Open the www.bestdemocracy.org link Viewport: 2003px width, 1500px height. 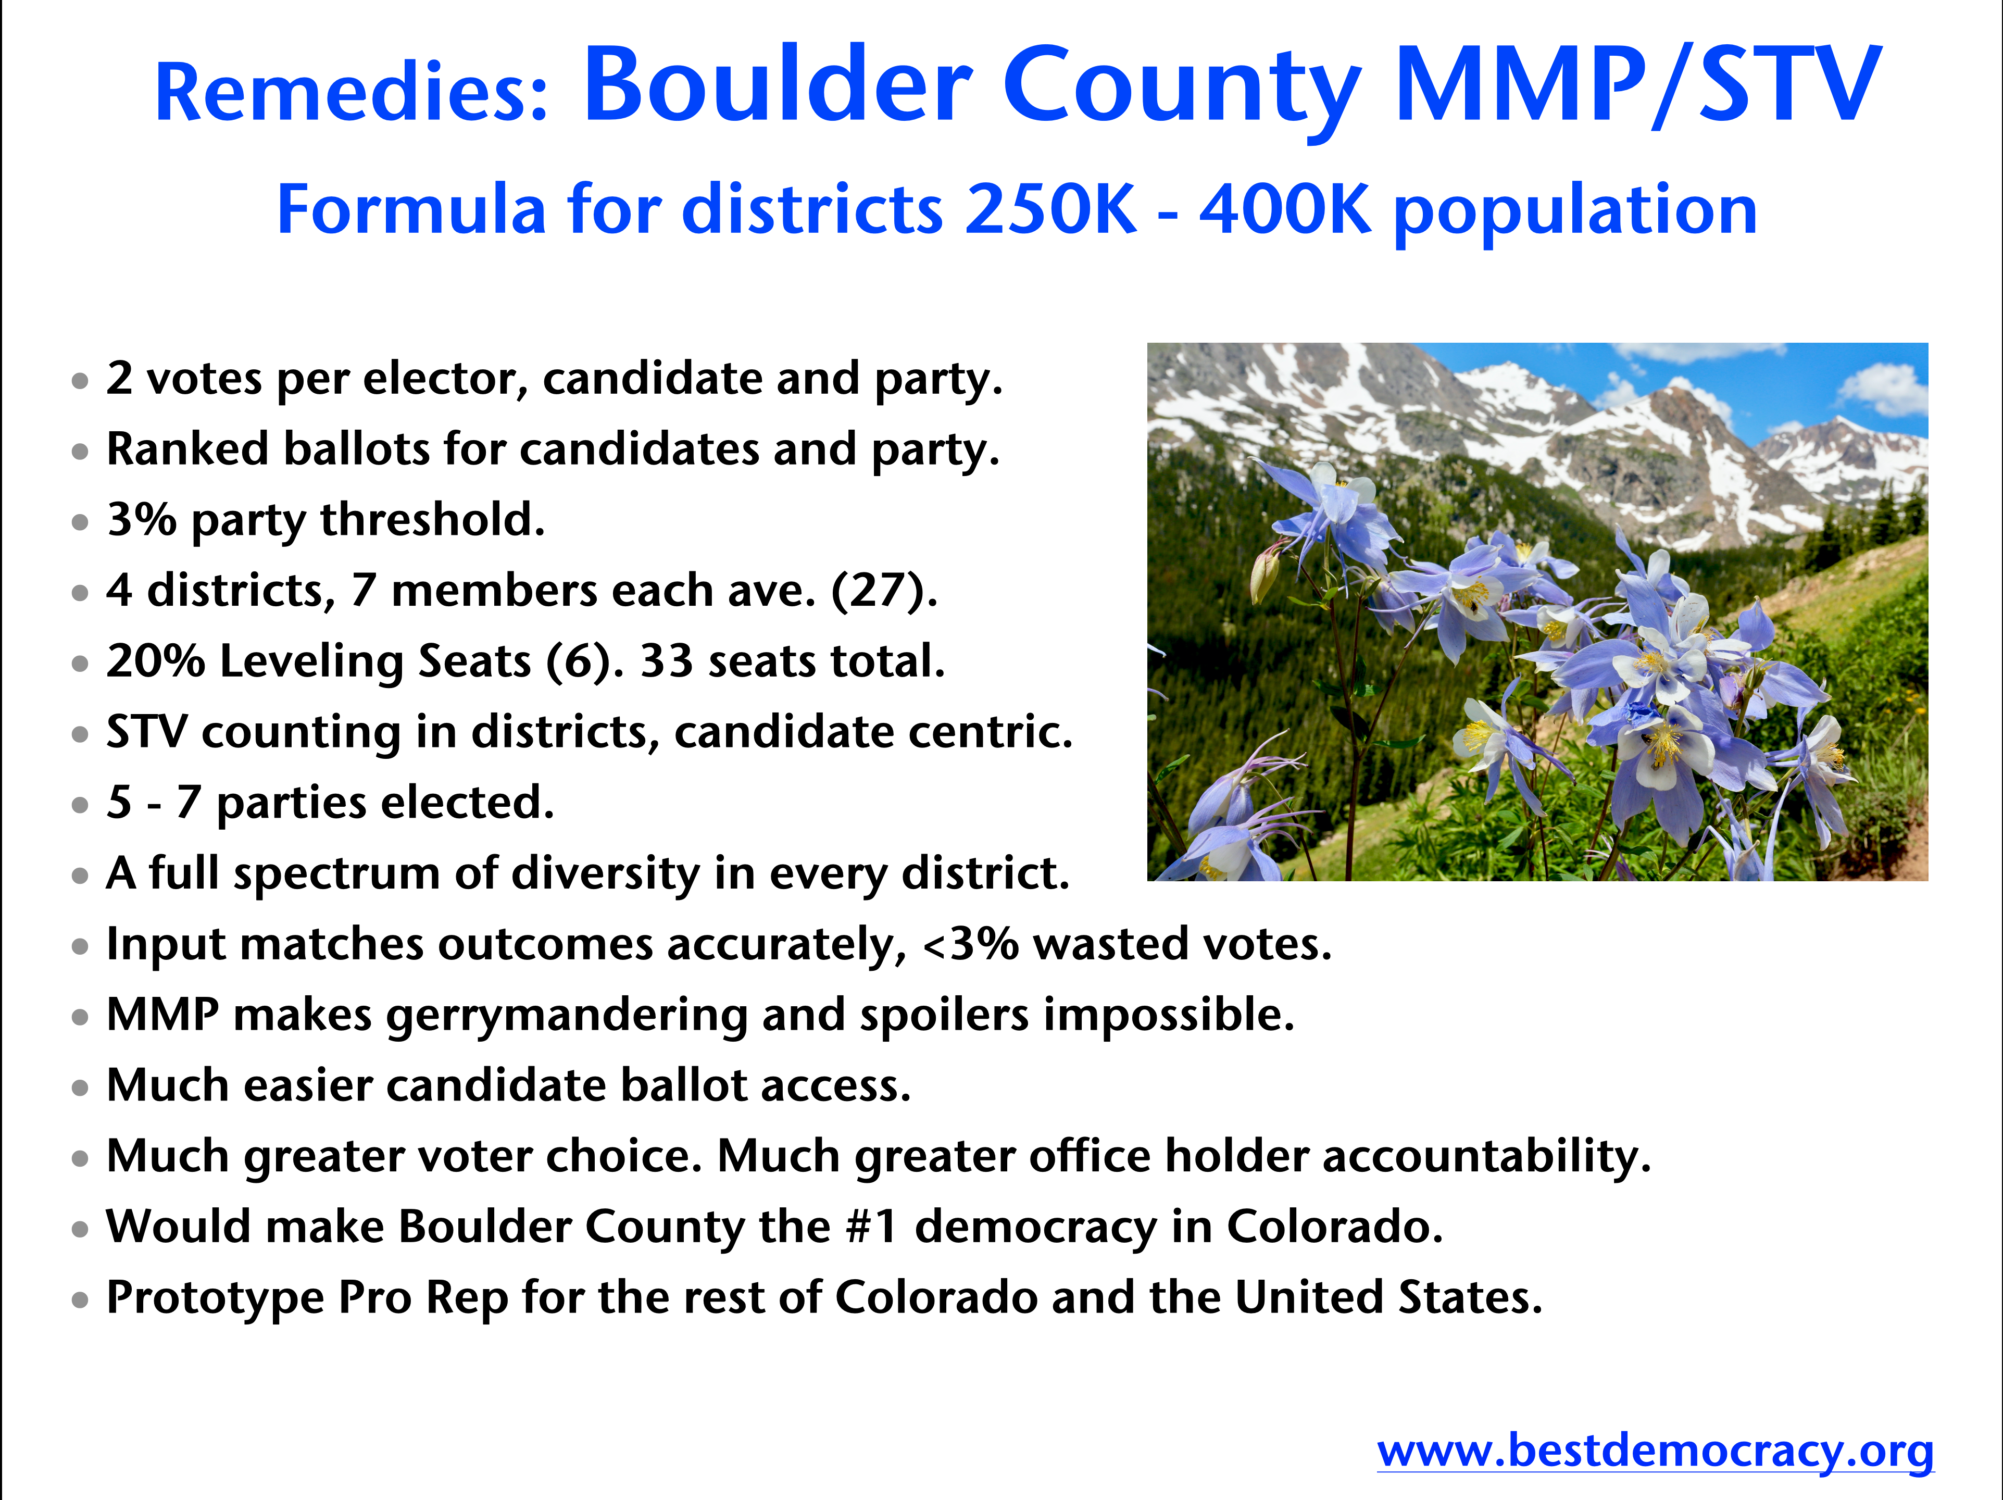[x=1655, y=1450]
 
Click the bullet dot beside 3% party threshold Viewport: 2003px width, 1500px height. [x=81, y=522]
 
